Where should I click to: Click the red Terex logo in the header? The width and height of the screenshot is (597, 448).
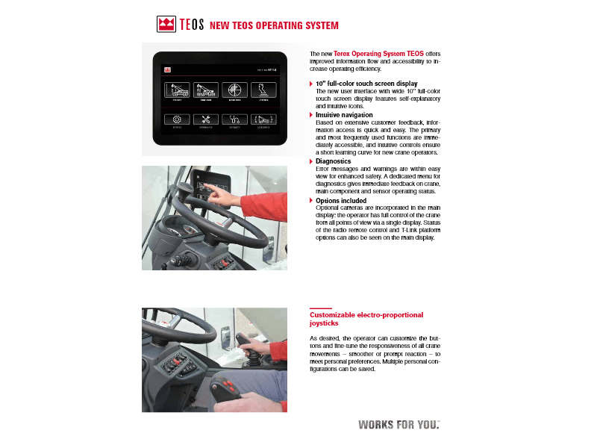click(x=166, y=25)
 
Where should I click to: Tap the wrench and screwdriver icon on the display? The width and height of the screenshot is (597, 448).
click(x=206, y=119)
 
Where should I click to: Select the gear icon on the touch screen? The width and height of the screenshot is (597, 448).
click(x=177, y=119)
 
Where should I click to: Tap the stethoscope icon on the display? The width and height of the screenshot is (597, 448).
click(x=234, y=119)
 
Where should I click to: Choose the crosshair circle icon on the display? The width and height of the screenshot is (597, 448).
click(x=234, y=90)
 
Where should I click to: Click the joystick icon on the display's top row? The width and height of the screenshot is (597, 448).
click(x=263, y=90)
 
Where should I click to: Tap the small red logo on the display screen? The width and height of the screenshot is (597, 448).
click(x=168, y=69)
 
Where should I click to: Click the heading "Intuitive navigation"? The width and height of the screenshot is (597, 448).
click(x=344, y=115)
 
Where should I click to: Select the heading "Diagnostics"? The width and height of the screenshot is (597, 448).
click(x=333, y=161)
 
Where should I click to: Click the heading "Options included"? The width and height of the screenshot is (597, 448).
click(x=341, y=201)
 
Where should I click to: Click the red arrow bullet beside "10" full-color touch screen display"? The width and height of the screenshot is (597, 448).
click(x=311, y=84)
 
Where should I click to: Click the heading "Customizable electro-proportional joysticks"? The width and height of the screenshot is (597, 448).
click(x=366, y=320)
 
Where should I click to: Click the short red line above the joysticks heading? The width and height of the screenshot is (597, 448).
click(x=320, y=308)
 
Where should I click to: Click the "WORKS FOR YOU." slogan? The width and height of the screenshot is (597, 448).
click(x=398, y=425)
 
